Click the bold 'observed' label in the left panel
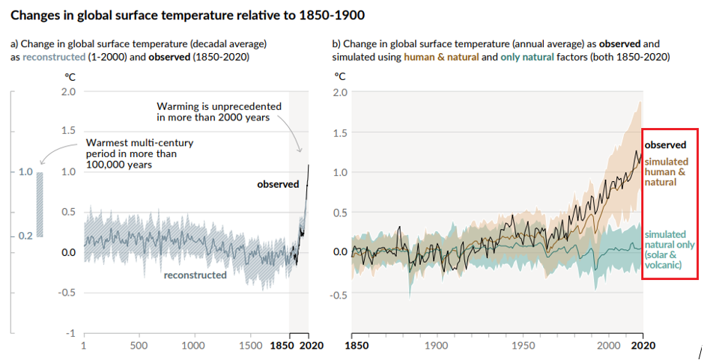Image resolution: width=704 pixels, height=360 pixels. click(x=278, y=184)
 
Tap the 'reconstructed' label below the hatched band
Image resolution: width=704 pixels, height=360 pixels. click(x=195, y=275)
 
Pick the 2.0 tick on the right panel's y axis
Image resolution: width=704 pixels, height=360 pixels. click(x=341, y=92)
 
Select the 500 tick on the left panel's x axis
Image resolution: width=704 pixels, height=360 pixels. click(x=138, y=346)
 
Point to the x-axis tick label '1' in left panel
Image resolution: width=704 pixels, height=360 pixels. click(x=83, y=346)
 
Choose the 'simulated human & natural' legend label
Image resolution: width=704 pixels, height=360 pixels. click(x=666, y=171)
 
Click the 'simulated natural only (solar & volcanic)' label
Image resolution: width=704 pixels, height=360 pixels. click(x=669, y=249)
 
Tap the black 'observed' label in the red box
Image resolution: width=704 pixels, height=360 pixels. click(x=665, y=144)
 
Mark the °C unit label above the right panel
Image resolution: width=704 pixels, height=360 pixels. click(x=340, y=76)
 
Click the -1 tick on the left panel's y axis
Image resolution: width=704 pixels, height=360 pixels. click(x=71, y=333)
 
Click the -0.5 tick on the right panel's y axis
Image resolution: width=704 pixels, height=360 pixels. click(x=339, y=294)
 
